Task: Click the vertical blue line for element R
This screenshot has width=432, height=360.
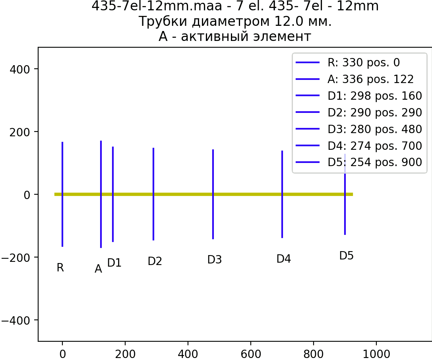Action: (62, 194)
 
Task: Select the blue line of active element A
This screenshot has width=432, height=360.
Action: (101, 194)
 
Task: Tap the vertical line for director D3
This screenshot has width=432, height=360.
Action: (213, 194)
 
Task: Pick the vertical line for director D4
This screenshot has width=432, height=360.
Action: (282, 194)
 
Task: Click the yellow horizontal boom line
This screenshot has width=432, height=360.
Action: (203, 194)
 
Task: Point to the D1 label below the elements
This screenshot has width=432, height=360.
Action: (114, 263)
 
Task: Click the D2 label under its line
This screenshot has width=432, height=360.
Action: (155, 261)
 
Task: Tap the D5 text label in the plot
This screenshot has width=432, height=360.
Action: (346, 255)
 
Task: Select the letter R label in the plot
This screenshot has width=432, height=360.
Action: (60, 267)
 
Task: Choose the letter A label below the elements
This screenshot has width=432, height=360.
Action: (98, 269)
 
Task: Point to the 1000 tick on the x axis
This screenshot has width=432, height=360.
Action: (376, 354)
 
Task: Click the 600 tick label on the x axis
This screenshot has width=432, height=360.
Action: (251, 354)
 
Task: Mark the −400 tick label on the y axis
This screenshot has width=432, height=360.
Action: (16, 320)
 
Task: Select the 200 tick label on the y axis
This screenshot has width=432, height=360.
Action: (19, 132)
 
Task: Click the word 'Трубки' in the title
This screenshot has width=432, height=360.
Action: (163, 21)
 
